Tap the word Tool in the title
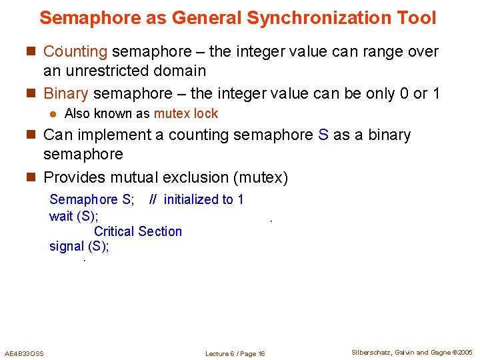click(x=417, y=18)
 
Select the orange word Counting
click(x=75, y=51)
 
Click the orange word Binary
click(x=65, y=93)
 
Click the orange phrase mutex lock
click(x=186, y=114)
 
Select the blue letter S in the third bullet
click(x=323, y=135)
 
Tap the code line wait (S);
click(x=74, y=215)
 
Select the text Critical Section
click(x=138, y=231)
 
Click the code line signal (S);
click(x=79, y=246)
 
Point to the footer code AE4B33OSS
click(x=24, y=353)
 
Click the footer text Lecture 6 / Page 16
click(x=235, y=353)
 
